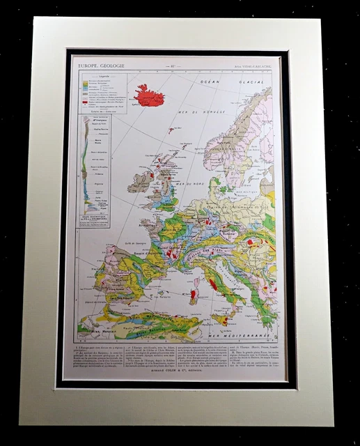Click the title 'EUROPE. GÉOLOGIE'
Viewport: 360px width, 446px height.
coord(102,65)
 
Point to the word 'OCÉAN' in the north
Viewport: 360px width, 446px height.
coord(211,82)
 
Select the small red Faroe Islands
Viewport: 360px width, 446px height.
coord(171,130)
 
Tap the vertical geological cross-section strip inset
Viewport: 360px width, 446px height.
coord(89,164)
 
